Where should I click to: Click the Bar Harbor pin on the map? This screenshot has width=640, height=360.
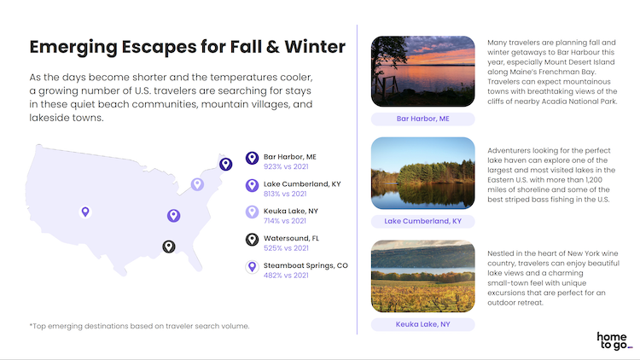[x=226, y=164]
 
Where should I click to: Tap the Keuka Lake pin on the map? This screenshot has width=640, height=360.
[x=198, y=184]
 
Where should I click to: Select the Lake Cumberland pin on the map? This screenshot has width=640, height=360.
[x=173, y=216]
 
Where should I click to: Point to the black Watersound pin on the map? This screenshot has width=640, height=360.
[x=169, y=247]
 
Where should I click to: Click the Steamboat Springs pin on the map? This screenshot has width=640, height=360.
[x=85, y=212]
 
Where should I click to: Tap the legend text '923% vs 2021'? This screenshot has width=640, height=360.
[x=286, y=166]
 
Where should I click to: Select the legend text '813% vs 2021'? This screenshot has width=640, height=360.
[x=285, y=194]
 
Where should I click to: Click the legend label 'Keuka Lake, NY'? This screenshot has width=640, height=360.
[x=291, y=211]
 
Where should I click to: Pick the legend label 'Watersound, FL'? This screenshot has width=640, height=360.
[x=292, y=238]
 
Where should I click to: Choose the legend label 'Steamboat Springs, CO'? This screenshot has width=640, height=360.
[x=305, y=265]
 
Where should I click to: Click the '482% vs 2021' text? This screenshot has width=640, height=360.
[x=286, y=276]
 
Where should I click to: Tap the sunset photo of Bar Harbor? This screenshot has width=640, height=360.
[x=423, y=72]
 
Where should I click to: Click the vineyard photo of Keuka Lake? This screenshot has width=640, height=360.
[x=423, y=276]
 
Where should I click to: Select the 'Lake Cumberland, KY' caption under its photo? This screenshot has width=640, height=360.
[x=423, y=221]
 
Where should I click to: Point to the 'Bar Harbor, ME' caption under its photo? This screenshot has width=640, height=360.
[x=423, y=119]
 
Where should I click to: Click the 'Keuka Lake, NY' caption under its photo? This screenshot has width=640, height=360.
[x=423, y=324]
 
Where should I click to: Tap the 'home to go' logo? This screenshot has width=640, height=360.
[x=614, y=341]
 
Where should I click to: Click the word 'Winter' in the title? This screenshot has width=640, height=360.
[x=315, y=47]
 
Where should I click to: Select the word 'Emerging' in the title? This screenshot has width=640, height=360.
[x=73, y=48]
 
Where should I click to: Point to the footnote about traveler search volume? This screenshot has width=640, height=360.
[x=139, y=326]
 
